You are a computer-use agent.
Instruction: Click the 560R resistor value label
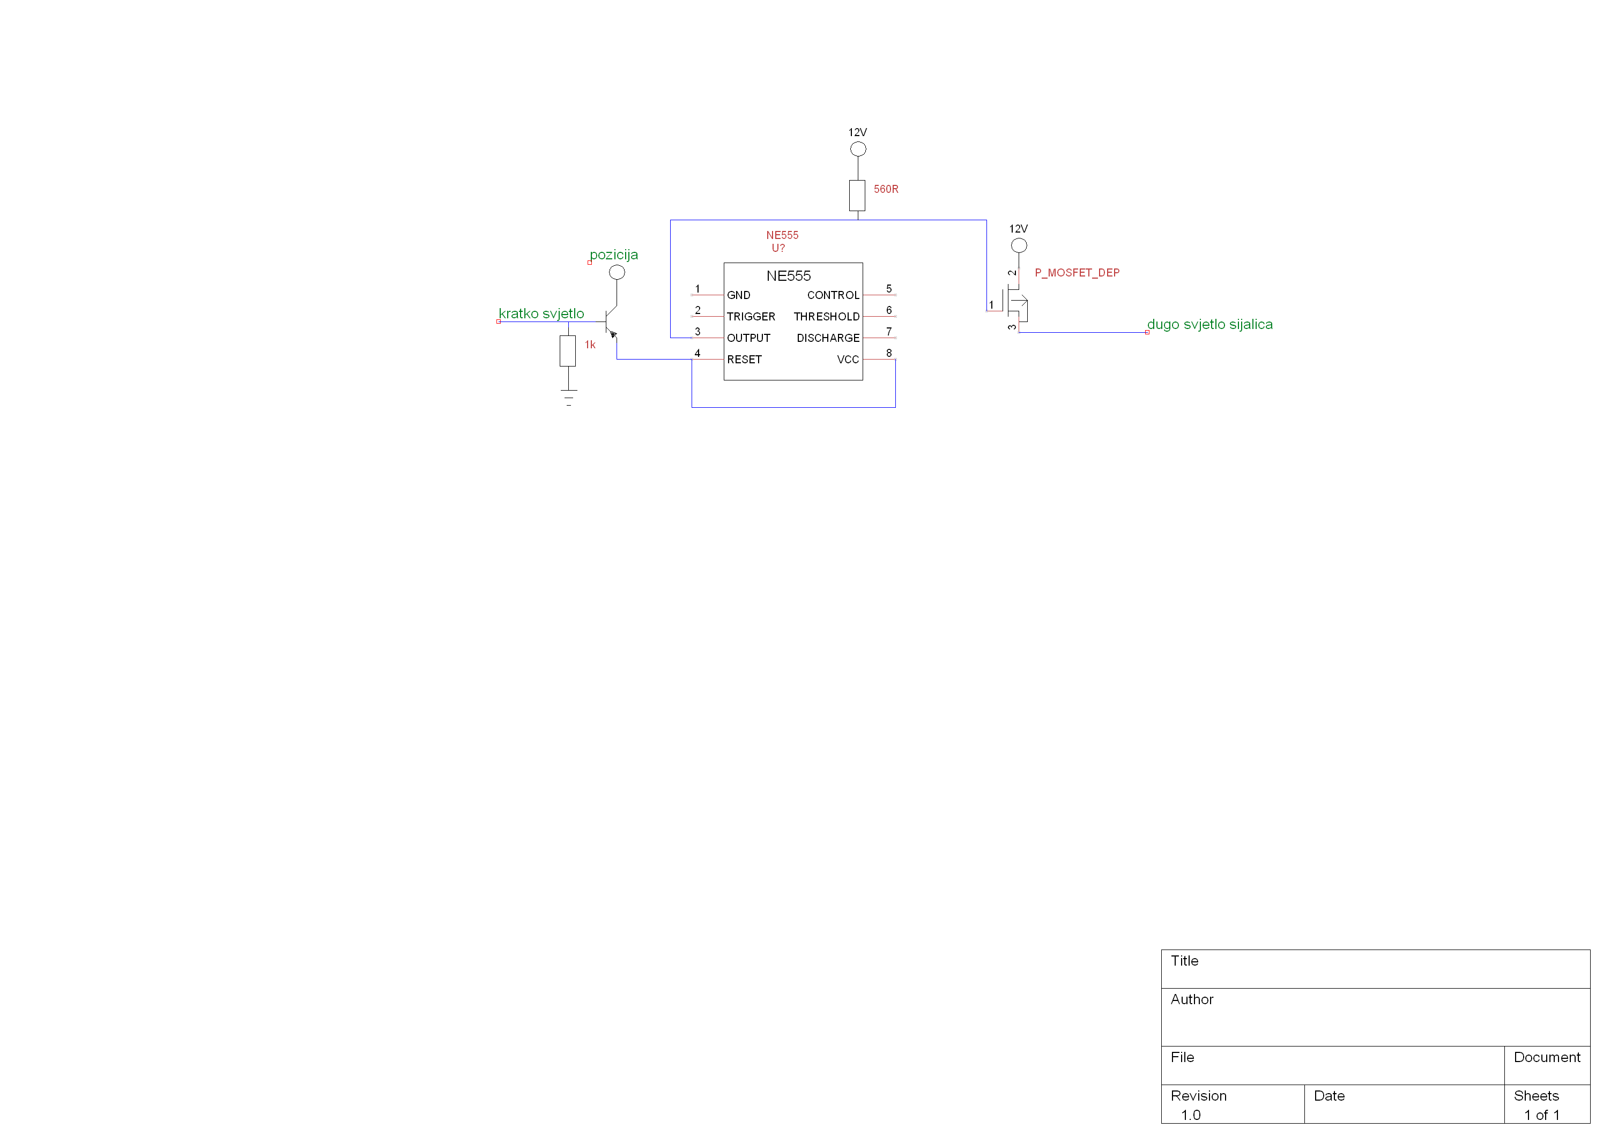[885, 189]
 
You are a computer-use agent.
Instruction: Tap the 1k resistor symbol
[567, 350]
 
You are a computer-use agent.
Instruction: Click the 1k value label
[590, 345]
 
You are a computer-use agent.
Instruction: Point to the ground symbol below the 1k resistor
[568, 397]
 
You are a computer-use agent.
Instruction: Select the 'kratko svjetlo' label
[541, 313]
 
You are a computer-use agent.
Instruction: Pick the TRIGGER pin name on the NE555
[750, 317]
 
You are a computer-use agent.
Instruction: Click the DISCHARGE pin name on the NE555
[827, 338]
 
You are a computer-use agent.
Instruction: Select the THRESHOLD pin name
[826, 317]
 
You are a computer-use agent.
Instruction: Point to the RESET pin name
[744, 360]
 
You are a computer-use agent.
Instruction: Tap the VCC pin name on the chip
[847, 360]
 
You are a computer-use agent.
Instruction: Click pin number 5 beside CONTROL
[888, 289]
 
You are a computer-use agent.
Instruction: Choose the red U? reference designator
[777, 248]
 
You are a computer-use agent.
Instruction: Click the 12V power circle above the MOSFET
[1018, 245]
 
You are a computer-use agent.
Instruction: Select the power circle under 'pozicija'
[617, 272]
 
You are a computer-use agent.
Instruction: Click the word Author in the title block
[1192, 999]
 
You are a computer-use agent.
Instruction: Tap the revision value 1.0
[1190, 1115]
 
